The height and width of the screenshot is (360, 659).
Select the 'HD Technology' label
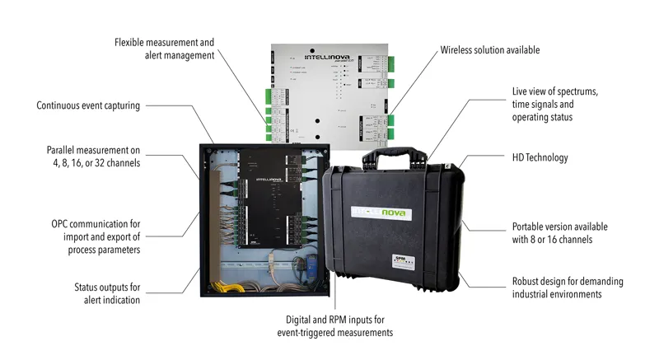(x=539, y=157)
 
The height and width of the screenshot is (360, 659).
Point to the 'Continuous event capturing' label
(x=88, y=105)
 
